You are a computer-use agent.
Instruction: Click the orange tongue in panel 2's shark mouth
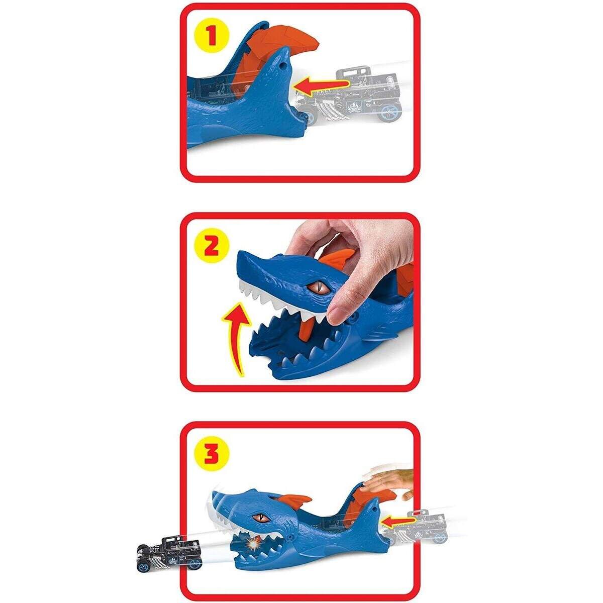tap(306, 329)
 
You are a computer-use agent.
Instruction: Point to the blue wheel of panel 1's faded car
tap(388, 113)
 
